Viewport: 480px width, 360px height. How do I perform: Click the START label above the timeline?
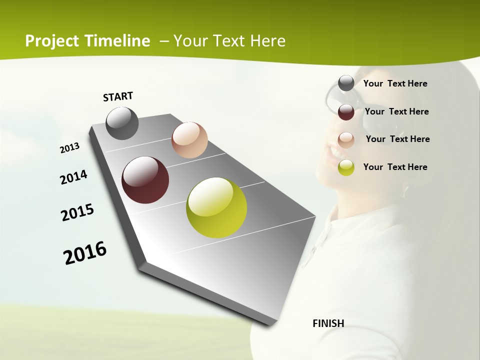118,96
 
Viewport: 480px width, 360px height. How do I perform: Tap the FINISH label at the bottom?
328,323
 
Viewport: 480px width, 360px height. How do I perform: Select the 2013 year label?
70,148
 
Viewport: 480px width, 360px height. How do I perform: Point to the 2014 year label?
73,177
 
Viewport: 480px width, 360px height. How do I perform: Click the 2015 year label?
77,212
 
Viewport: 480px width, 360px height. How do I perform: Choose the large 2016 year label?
85,253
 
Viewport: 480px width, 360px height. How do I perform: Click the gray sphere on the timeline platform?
122,123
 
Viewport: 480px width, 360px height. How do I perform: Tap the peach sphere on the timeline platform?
189,139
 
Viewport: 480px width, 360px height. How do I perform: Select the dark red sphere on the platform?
145,180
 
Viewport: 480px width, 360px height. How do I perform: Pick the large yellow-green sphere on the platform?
216,207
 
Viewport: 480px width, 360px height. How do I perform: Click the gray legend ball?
346,83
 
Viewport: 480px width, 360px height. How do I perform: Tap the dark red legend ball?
346,112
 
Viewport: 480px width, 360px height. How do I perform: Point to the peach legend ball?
346,139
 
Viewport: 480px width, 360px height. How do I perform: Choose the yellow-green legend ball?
346,167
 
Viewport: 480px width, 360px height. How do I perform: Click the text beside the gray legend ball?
395,83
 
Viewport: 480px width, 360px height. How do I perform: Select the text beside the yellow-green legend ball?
395,167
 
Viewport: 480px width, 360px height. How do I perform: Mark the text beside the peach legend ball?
397,139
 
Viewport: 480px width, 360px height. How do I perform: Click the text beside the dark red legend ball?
396,111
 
